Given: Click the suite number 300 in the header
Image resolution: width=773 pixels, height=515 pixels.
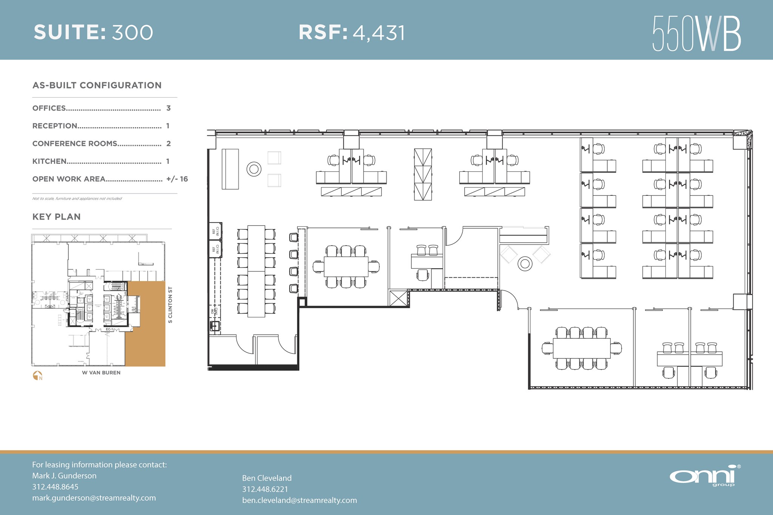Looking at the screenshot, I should pyautogui.click(x=132, y=32).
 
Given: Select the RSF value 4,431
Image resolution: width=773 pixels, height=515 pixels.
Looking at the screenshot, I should pyautogui.click(x=379, y=33).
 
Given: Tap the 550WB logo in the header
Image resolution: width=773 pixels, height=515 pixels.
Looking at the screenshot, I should pyautogui.click(x=696, y=33).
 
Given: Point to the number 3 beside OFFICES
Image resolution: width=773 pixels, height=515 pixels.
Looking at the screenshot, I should pyautogui.click(x=168, y=108).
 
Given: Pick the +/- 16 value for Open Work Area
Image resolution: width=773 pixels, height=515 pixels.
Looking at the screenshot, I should pyautogui.click(x=177, y=179).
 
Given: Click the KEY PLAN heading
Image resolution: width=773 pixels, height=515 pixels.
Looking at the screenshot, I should pyautogui.click(x=57, y=217).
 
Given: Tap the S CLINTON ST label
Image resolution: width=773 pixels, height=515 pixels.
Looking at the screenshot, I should pyautogui.click(x=170, y=305).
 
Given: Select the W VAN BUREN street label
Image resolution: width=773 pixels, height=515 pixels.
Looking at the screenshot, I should pyautogui.click(x=101, y=373).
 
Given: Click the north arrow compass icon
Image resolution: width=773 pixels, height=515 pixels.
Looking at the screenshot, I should pyautogui.click(x=37, y=375).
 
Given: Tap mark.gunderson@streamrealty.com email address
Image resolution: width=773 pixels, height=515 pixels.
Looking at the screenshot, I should pyautogui.click(x=94, y=498).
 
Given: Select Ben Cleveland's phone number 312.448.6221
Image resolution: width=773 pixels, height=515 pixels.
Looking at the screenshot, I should pyautogui.click(x=265, y=489).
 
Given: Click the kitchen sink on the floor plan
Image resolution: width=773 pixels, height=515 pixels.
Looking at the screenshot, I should pyautogui.click(x=214, y=326).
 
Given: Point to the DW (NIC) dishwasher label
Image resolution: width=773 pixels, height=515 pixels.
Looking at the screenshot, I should pyautogui.click(x=214, y=311).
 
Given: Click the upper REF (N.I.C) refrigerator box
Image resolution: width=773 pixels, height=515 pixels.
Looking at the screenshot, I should pyautogui.click(x=216, y=231).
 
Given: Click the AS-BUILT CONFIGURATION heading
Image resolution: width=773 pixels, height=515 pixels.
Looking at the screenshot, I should pyautogui.click(x=97, y=86).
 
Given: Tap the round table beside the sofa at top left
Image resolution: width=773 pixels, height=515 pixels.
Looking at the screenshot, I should pyautogui.click(x=254, y=169).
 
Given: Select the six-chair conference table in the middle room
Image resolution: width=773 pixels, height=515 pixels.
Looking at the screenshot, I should pyautogui.click(x=346, y=266).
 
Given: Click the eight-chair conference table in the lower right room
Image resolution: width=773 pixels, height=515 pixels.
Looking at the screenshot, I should pyautogui.click(x=581, y=348).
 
